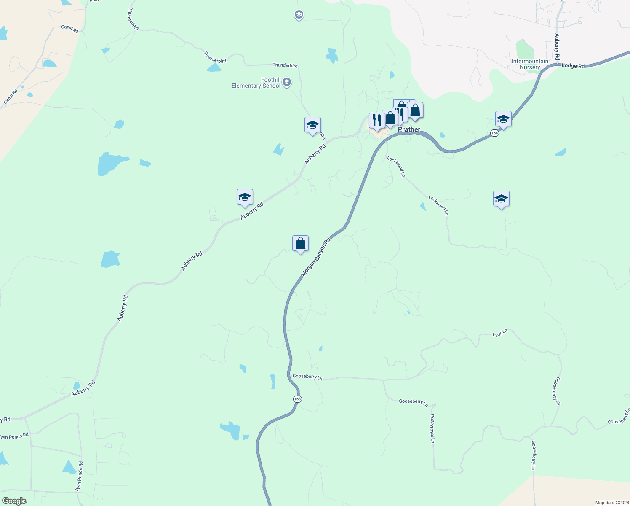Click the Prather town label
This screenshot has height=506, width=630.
coord(409,129)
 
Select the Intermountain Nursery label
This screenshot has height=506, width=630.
coord(530,64)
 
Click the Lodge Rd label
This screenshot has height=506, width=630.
coord(573,66)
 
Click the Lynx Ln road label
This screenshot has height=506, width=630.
coord(500,333)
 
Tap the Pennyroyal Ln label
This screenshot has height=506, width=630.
coord(432,428)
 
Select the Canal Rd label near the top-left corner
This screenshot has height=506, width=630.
coord(69,29)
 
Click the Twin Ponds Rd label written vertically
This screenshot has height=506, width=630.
coord(79,476)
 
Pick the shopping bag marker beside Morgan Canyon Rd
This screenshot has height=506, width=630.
coord(300,244)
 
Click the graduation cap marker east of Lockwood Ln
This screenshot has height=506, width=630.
coord(501,199)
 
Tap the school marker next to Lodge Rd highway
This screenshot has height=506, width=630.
coord(503,119)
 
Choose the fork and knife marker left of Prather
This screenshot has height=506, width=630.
coord(376,121)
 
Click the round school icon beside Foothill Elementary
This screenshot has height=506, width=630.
coord(287,82)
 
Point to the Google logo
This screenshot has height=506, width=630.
coord(14,501)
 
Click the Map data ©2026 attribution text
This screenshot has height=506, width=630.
coord(611,503)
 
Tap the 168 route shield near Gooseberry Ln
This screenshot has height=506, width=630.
coord(297,399)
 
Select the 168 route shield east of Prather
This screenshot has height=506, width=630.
coord(494,133)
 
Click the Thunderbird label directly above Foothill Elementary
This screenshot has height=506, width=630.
coord(285,65)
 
